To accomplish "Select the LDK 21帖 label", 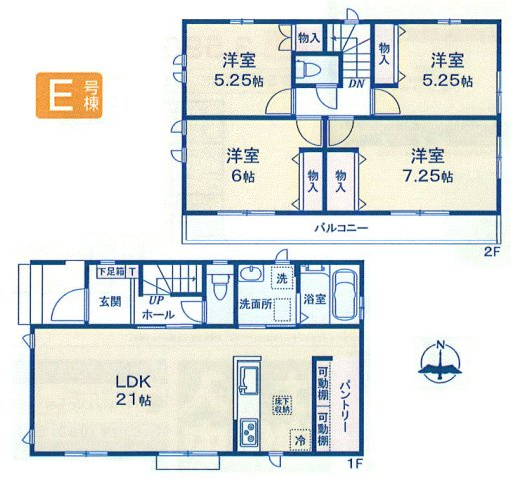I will coord(132,390).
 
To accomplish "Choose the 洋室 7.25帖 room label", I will coord(430,166).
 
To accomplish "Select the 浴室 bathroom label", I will coord(315,298).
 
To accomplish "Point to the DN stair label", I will coord(355,85).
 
